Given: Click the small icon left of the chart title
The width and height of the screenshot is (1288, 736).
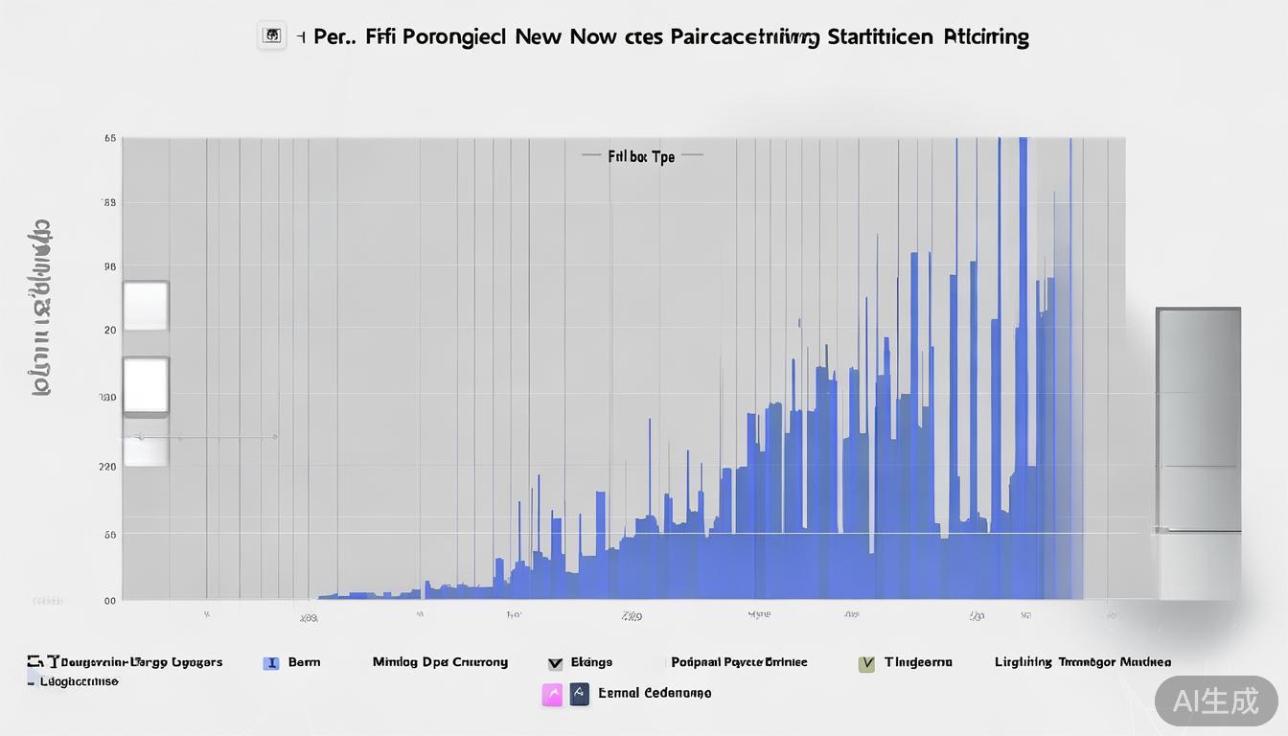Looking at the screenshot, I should (272, 36).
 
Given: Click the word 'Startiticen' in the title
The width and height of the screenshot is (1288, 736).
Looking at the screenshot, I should (879, 37).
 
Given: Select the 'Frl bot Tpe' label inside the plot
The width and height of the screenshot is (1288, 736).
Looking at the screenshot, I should (641, 156).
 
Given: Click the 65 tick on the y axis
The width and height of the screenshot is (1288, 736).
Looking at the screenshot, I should (110, 139).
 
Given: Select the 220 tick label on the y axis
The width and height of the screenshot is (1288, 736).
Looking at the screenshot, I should (107, 467).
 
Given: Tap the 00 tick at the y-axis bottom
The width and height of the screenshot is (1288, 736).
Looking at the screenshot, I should (110, 601).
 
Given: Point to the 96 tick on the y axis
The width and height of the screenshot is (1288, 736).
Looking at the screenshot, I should (109, 268).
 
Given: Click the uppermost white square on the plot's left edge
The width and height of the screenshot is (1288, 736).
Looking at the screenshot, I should (146, 306).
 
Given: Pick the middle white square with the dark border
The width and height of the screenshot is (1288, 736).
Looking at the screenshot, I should (146, 386).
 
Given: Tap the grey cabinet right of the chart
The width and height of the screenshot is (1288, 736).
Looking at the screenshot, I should (1198, 450).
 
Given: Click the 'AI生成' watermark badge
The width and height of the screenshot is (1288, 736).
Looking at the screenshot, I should (1216, 701).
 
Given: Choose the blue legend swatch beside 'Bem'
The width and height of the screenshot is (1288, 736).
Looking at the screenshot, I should (271, 662).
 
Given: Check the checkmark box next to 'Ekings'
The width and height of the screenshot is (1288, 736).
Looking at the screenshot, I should (555, 662).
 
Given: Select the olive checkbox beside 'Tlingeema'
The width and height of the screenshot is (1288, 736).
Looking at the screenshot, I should (867, 662).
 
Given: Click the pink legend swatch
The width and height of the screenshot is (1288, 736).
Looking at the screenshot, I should (552, 695).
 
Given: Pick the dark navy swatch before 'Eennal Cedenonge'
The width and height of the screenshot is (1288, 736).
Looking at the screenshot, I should (579, 694).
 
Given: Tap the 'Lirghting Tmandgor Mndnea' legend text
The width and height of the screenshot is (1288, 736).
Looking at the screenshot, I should (1082, 662).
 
